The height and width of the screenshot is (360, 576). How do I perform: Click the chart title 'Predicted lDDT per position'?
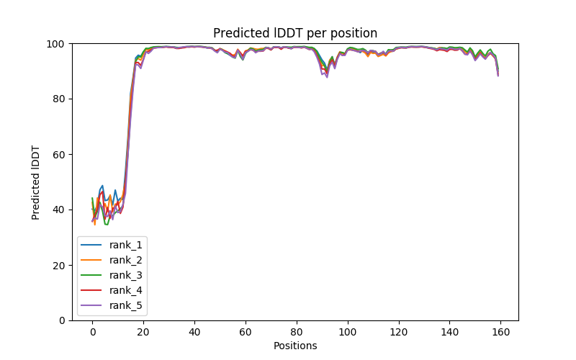(x=295, y=33)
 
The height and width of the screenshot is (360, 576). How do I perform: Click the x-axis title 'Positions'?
(x=295, y=346)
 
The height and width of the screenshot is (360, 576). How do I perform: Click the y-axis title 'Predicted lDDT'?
(x=36, y=182)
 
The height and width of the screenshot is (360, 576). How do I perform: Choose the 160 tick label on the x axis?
(x=501, y=332)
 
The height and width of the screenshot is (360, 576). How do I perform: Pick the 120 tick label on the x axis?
(x=399, y=332)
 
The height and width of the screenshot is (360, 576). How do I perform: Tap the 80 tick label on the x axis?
(x=297, y=332)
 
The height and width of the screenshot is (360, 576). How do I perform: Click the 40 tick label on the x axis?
(x=194, y=332)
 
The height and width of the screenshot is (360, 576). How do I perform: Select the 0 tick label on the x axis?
(x=92, y=332)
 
